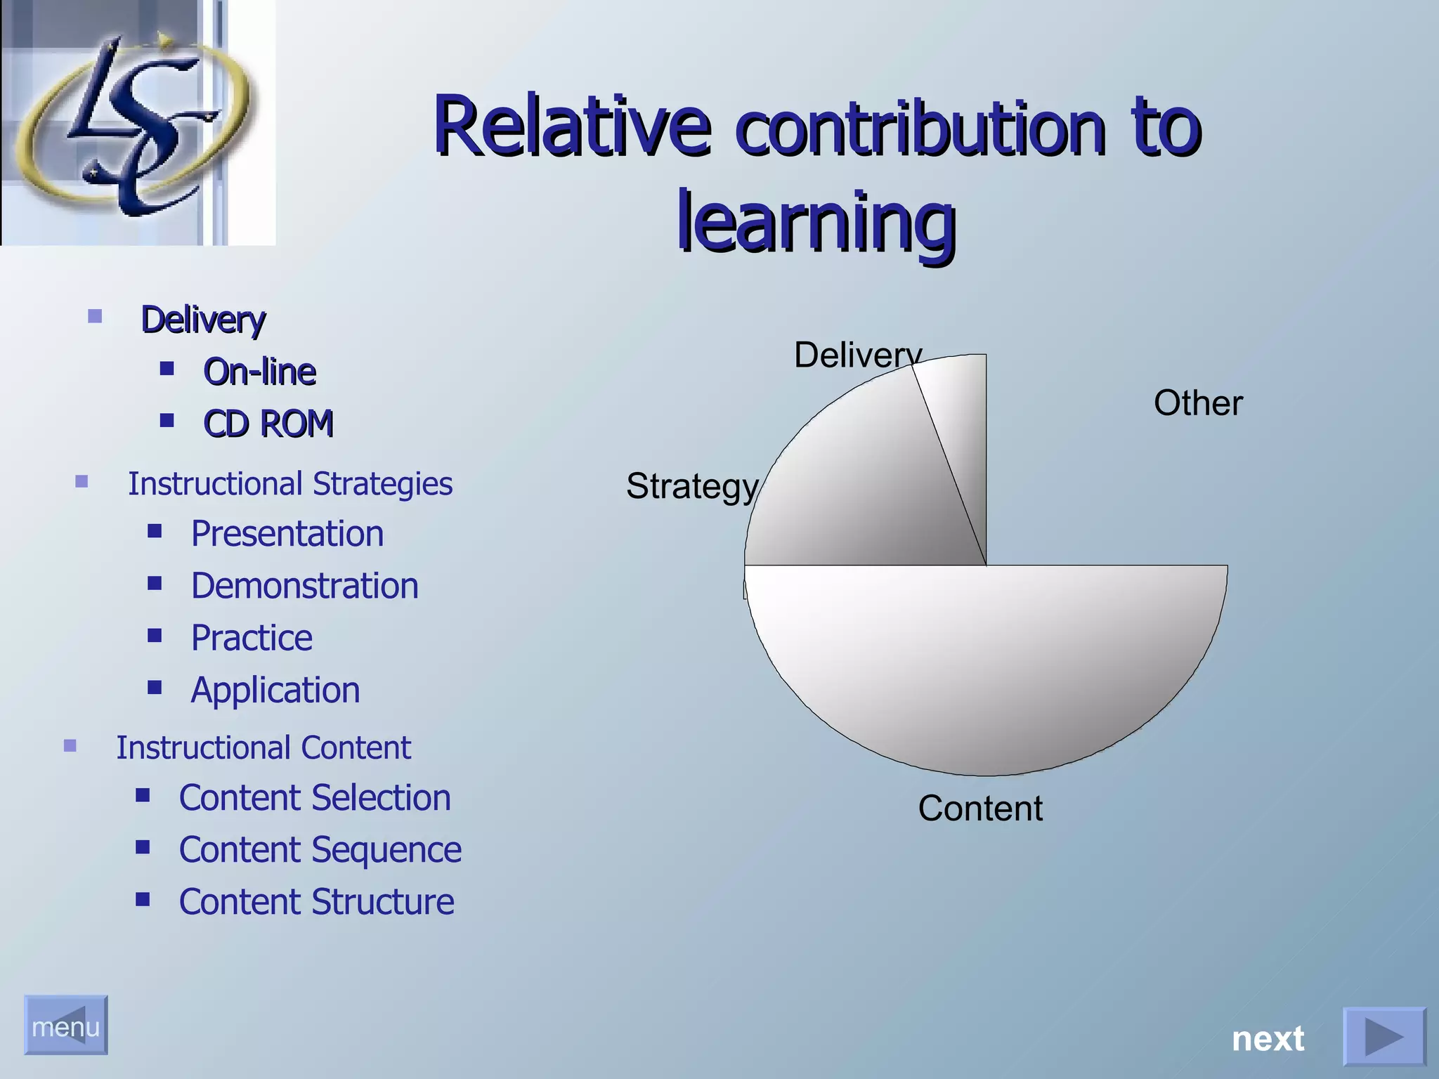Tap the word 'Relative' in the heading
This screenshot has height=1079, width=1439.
tap(572, 126)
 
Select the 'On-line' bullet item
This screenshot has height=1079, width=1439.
tap(259, 371)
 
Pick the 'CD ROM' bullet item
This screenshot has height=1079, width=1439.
tap(268, 424)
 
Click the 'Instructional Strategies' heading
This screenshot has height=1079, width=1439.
tap(289, 484)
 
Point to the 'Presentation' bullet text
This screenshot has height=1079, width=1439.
tap(287, 534)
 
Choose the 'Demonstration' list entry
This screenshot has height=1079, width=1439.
tap(304, 586)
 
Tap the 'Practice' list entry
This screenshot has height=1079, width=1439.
tap(252, 638)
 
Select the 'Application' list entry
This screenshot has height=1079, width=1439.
tap(275, 690)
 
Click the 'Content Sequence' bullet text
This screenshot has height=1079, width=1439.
tap(320, 850)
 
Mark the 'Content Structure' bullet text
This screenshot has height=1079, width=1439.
tap(316, 902)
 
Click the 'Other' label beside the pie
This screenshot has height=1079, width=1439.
tap(1197, 403)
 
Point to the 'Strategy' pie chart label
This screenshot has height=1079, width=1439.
tap(691, 486)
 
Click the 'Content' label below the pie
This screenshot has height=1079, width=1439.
tap(979, 809)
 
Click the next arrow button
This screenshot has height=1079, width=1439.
tap(1383, 1037)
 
